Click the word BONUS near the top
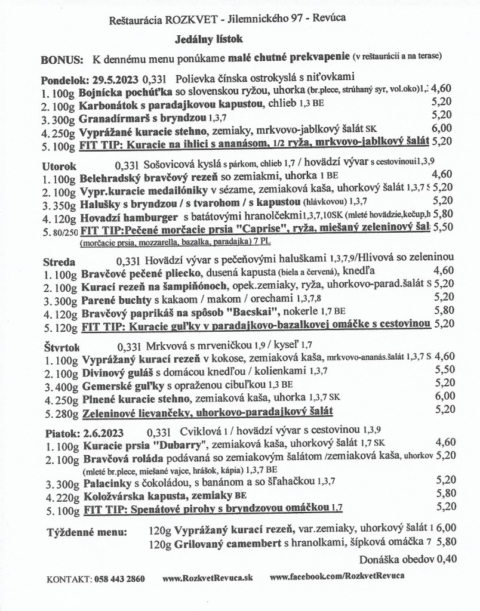tap(61, 61)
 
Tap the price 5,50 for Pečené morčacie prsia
tap(442, 229)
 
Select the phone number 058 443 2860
tap(119, 579)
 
